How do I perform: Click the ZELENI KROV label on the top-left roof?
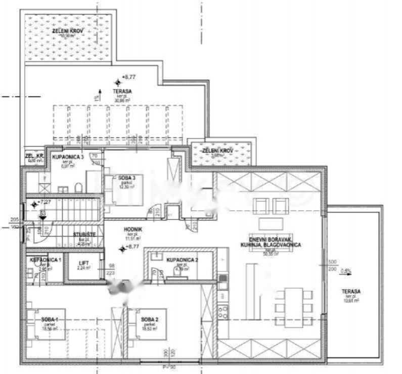pos(67,31)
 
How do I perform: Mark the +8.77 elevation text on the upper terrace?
pos(129,77)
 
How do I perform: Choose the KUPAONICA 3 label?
pos(68,157)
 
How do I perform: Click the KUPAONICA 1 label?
pos(46,260)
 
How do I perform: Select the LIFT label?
pos(82,263)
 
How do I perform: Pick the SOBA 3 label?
pos(127,178)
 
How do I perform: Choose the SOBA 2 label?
pos(150,319)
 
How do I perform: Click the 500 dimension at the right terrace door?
pos(332,262)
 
